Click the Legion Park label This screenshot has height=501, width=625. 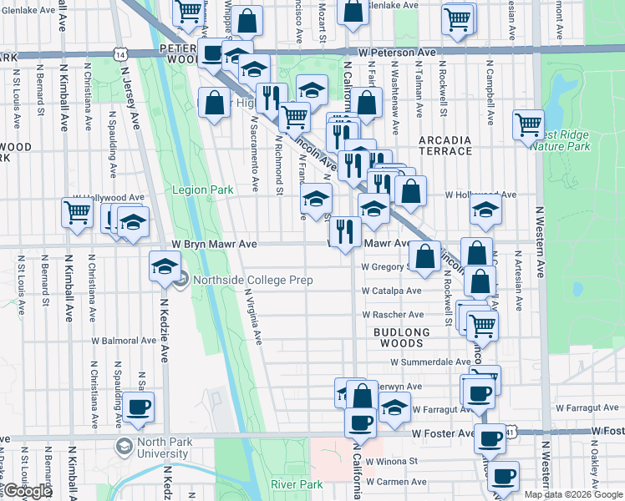coord(202,190)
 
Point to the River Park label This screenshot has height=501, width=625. coord(297,484)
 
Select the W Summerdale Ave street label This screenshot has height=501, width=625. coord(430,362)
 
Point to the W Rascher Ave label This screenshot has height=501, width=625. coord(392,315)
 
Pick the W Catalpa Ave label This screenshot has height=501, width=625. coord(391,291)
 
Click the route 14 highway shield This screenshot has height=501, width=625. coord(122,53)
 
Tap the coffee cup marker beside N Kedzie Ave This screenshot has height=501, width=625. coord(140,407)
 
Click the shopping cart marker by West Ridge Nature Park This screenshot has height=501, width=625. coord(528,125)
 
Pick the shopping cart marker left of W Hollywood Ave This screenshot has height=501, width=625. coord(76,212)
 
